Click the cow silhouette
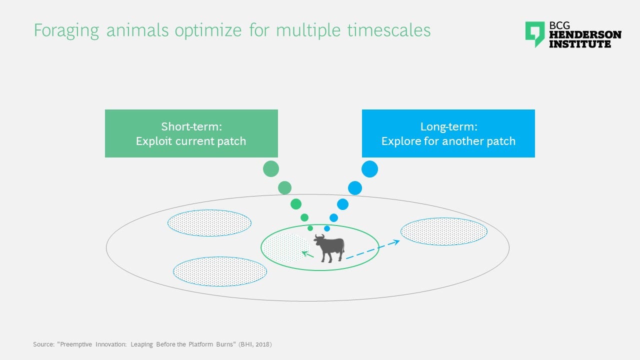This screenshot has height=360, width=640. coord(329,248)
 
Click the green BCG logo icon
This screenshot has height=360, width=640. coord(535,34)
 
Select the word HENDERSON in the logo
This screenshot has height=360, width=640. coord(585,35)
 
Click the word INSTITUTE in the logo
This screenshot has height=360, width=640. coord(580,44)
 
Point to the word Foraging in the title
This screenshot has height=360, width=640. coord(66,31)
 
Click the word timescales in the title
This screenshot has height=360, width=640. coord(389,30)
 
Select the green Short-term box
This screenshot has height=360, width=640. coord(191,133)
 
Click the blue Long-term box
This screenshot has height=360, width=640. coord(448,133)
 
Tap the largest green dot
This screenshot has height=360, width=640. coord(271,169)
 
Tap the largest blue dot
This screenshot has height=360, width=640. coord(369,169)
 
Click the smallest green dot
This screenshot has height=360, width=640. coord(310,228)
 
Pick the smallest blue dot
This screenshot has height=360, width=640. coord(327,228)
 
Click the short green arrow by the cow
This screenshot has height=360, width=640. coord(307,254)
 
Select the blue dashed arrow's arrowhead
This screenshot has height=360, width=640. coord(396,242)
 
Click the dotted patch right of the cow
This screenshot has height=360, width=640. coord(444,231)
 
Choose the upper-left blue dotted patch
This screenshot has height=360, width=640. coord(209,223)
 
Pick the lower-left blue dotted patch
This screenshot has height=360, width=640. coord(220,271)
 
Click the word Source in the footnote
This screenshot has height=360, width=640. coord(43,344)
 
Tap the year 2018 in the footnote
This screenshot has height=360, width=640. coord(262,344)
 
